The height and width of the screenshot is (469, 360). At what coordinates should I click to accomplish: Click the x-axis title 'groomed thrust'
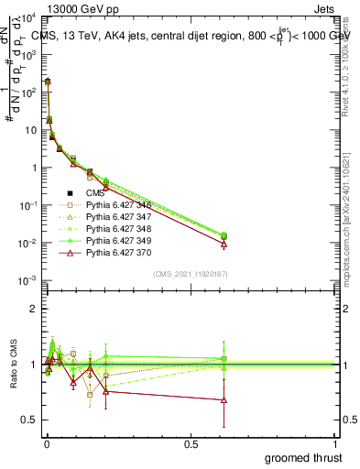pyautogui.click(x=303, y=456)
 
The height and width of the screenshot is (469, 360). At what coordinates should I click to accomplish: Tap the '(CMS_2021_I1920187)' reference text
pyautogui.click(x=190, y=274)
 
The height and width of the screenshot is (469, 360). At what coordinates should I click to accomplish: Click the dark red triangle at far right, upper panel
pyautogui.click(x=224, y=244)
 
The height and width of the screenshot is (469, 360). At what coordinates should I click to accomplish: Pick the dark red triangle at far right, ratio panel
pyautogui.click(x=224, y=399)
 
